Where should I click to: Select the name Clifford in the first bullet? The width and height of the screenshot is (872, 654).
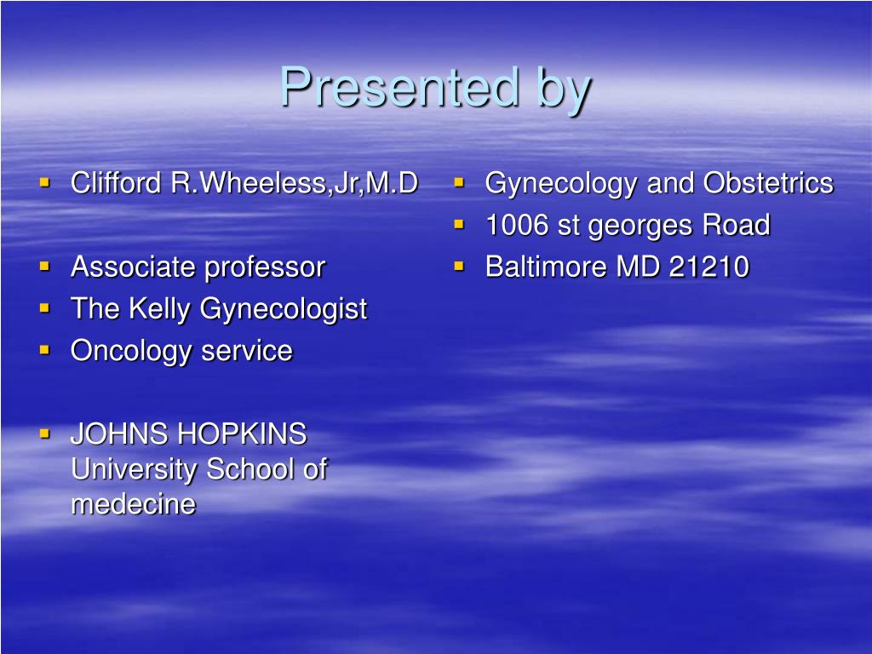click(118, 182)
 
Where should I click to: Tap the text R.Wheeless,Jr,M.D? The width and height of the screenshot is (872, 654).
click(295, 182)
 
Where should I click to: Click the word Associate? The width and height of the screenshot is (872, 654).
click(134, 267)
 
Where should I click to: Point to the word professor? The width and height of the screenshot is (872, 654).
click(265, 268)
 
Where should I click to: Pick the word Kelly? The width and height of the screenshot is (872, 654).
click(161, 309)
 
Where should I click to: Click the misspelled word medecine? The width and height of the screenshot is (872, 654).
click(133, 504)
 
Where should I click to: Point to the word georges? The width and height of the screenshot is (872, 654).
click(641, 227)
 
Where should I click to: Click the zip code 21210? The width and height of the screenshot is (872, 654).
click(709, 267)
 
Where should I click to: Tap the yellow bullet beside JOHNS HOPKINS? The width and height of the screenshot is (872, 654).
click(45, 433)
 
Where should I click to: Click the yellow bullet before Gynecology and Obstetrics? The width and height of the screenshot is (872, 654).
click(459, 181)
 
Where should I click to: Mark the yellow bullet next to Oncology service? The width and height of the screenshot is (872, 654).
click(45, 349)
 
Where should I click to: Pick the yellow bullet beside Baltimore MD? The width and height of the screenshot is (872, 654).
click(459, 265)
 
